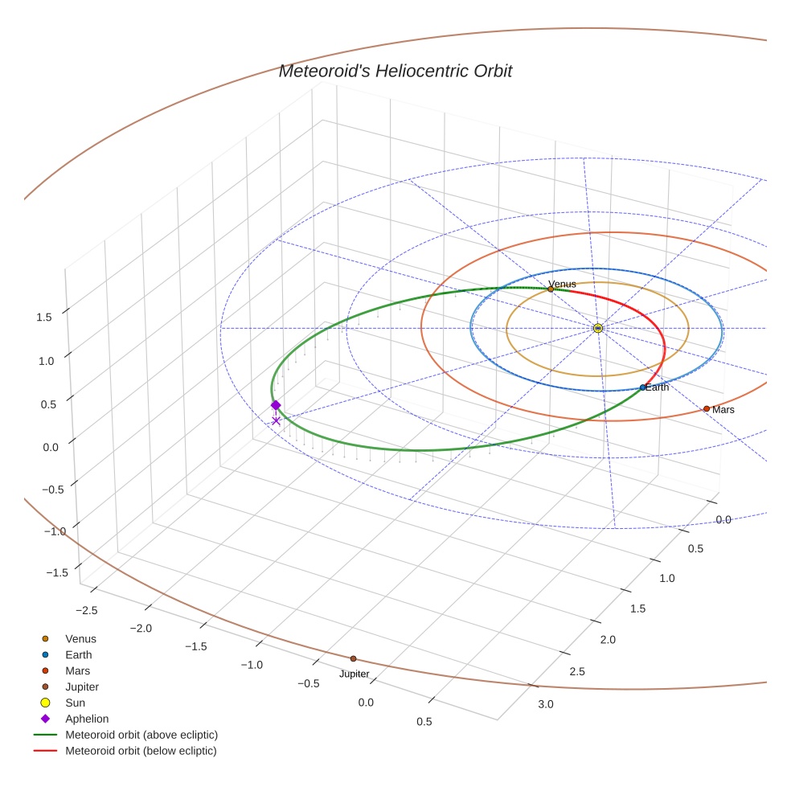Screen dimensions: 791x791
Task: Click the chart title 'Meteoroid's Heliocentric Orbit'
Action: click(x=395, y=72)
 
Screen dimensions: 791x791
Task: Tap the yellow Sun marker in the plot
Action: click(x=598, y=328)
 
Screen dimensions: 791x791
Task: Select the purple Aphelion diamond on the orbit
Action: click(x=276, y=405)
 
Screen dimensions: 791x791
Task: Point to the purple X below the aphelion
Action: click(x=276, y=420)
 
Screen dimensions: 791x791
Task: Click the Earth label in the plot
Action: click(x=657, y=387)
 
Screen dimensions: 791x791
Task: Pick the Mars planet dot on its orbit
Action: click(x=707, y=408)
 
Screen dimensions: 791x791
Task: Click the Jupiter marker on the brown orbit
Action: click(x=353, y=658)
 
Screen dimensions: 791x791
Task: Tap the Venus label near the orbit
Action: click(x=562, y=284)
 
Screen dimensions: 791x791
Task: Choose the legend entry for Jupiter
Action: click(x=81, y=687)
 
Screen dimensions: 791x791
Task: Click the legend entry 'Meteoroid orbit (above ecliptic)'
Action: click(x=141, y=735)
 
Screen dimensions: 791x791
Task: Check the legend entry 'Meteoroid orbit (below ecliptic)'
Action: click(x=141, y=751)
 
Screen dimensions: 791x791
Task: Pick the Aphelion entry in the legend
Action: click(x=86, y=719)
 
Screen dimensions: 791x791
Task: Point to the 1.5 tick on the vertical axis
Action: click(x=44, y=317)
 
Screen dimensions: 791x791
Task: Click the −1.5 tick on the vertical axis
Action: click(x=55, y=572)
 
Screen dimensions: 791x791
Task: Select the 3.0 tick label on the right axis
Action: click(x=545, y=705)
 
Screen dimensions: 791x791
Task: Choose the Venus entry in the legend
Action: click(x=80, y=639)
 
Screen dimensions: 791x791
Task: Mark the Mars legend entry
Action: click(x=77, y=671)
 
